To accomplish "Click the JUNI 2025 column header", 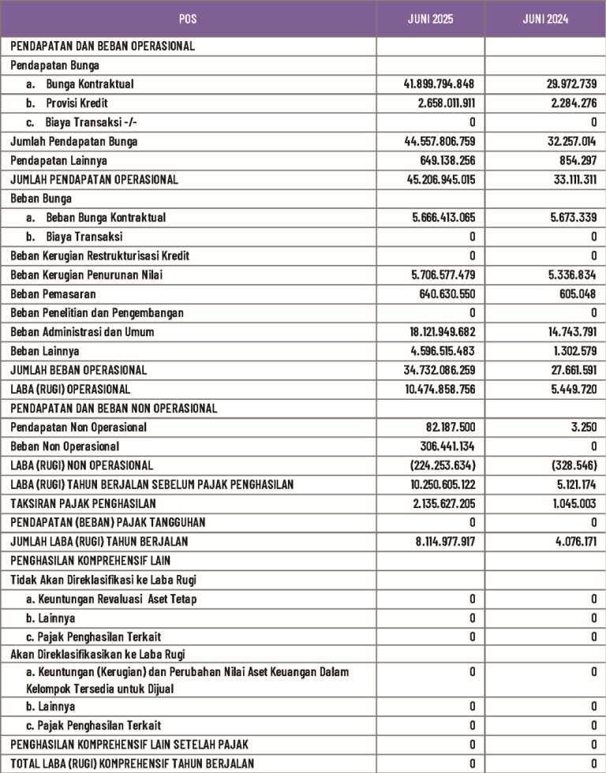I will click(x=430, y=17).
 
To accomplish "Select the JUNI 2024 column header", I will click(x=544, y=17).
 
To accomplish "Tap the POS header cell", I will click(x=189, y=17).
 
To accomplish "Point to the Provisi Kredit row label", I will click(x=77, y=103).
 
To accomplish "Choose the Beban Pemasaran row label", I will click(x=53, y=293).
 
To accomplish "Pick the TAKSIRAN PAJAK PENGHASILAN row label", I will click(x=84, y=503).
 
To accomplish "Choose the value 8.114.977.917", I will click(x=439, y=542).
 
